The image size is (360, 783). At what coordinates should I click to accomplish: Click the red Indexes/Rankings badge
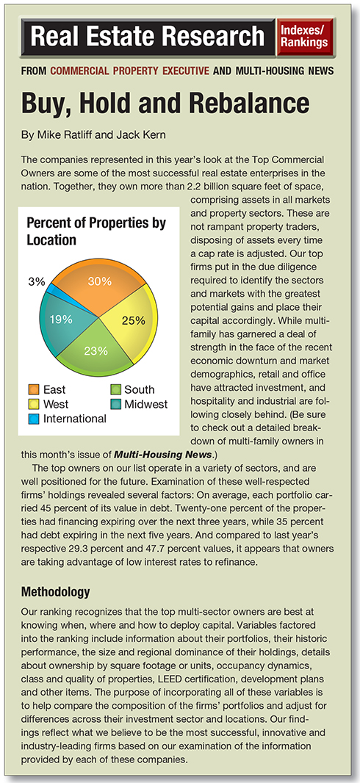(x=305, y=37)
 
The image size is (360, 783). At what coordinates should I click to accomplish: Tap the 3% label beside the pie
(x=36, y=281)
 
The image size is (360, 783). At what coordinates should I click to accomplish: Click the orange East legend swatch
(x=34, y=389)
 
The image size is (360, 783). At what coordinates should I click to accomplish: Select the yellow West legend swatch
(x=34, y=403)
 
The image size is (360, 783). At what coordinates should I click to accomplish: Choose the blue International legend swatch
(x=34, y=419)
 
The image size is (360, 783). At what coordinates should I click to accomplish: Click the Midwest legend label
(x=146, y=403)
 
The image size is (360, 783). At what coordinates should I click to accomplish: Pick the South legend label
(x=140, y=389)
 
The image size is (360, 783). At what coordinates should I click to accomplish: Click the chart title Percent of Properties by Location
(x=96, y=231)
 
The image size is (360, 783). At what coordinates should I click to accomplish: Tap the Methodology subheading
(x=55, y=592)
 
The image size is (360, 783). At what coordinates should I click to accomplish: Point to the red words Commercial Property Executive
(x=130, y=71)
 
